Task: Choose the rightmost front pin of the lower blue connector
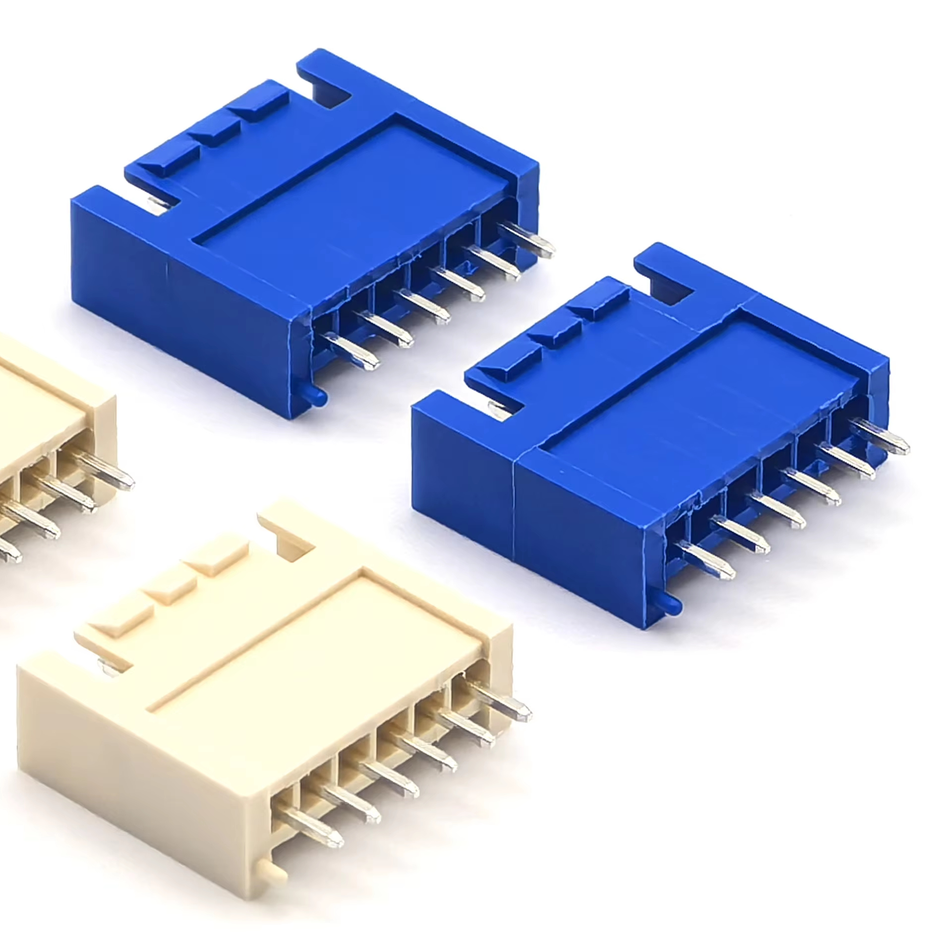point(884,437)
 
